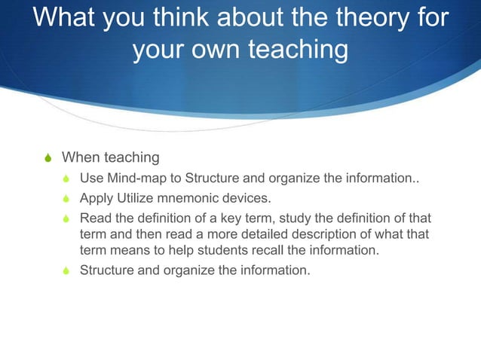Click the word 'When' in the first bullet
80,157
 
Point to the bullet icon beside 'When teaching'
47,158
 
